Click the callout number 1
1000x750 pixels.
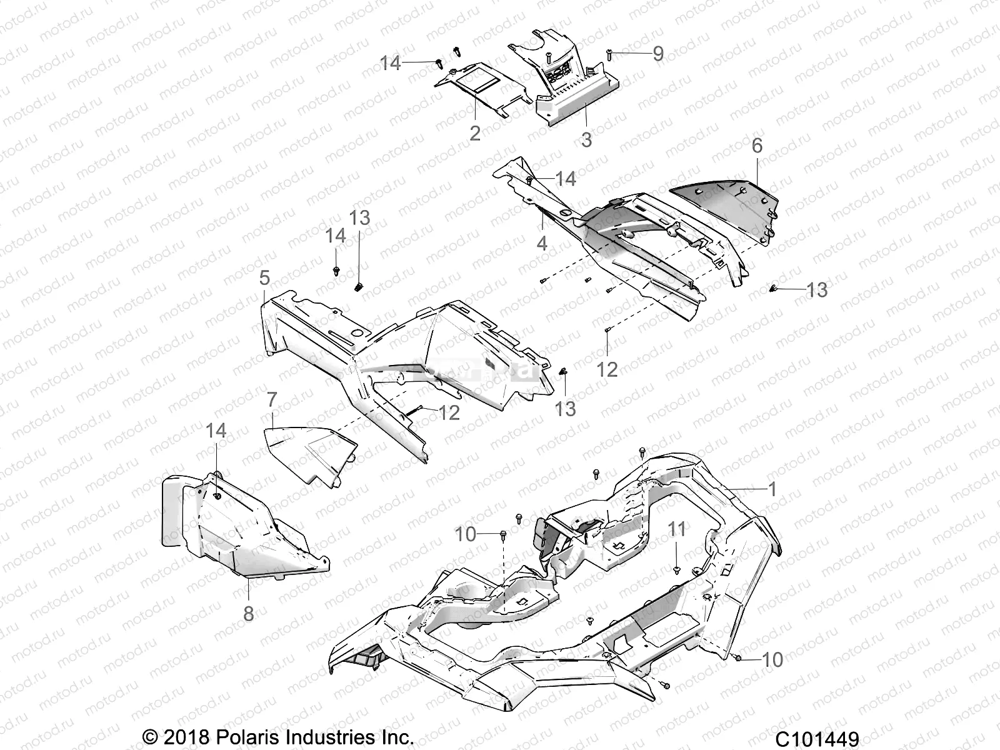[x=772, y=489]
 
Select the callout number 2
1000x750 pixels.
[x=475, y=132]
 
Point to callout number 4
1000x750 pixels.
[x=542, y=242]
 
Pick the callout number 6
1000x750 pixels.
[x=757, y=146]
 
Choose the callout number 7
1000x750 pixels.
[x=271, y=399]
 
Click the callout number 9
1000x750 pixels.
[x=657, y=54]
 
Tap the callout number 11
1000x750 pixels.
[x=677, y=529]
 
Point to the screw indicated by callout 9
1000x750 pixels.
[x=607, y=56]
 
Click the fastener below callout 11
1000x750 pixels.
[x=677, y=569]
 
